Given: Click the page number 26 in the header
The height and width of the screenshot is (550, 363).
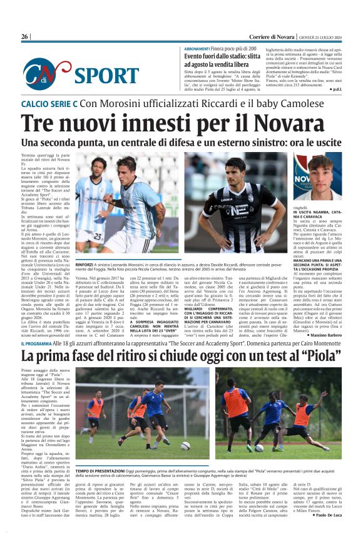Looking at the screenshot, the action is coord(24,37).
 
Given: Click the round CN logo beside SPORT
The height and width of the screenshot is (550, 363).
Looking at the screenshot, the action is coord(41,74).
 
